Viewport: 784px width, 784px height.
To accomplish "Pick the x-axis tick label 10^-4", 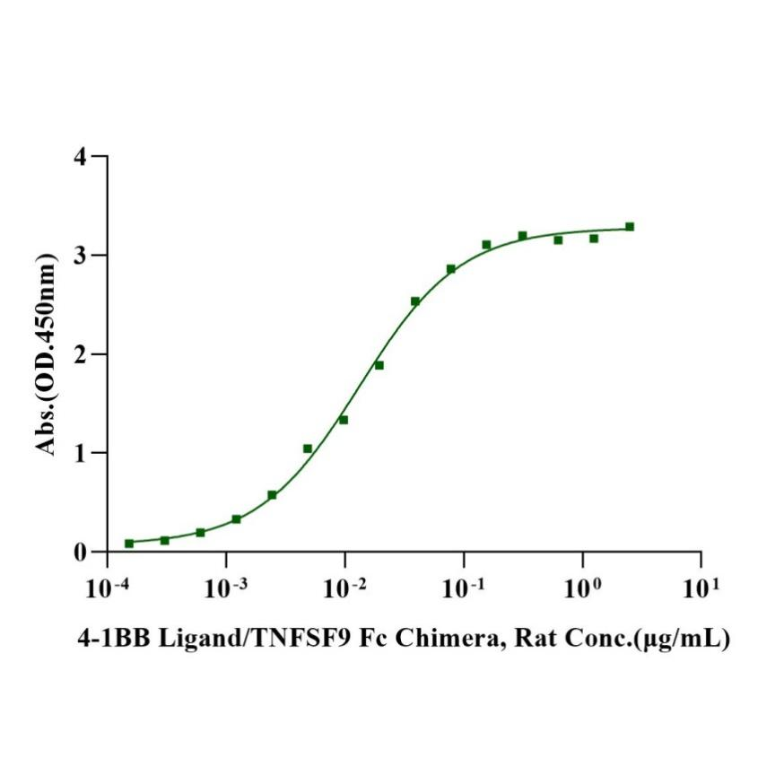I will (x=107, y=588).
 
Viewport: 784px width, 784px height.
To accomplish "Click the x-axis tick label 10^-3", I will (x=226, y=588).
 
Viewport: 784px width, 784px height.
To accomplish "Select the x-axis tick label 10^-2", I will (x=344, y=588).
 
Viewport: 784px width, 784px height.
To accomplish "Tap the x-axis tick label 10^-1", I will (x=463, y=588).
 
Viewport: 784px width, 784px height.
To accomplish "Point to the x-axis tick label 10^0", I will (x=582, y=588).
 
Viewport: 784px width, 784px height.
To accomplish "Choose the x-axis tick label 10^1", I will (x=701, y=588).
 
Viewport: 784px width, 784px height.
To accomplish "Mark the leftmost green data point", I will (x=129, y=543).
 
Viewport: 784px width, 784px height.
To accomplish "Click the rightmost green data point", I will (x=630, y=227).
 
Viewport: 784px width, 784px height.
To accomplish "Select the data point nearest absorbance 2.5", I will (x=415, y=301).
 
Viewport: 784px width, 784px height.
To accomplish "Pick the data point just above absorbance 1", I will (x=308, y=449).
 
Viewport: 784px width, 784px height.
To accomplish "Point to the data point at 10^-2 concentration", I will (x=344, y=420).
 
